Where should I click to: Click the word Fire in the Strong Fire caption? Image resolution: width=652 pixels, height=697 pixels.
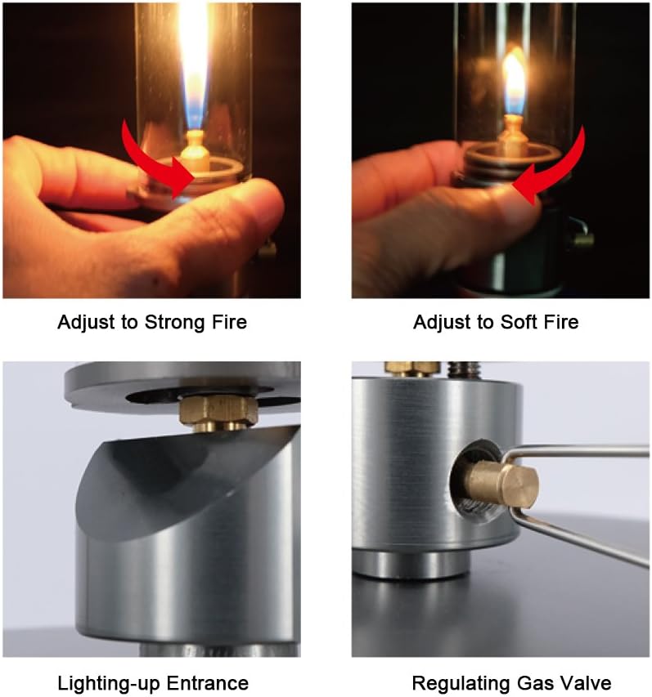point(228,322)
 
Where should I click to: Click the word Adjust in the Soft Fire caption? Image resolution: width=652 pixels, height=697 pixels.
point(442,323)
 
